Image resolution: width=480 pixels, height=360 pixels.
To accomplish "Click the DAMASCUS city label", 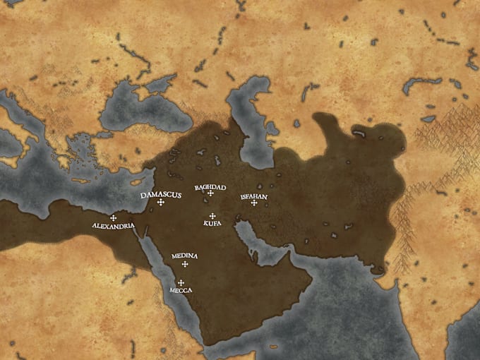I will tap(160, 194).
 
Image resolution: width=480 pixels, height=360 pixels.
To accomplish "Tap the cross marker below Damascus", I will tap(161, 203).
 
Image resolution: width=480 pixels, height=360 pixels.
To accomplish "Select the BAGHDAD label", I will tap(210, 187).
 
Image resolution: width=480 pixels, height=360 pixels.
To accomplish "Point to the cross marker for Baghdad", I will tap(210, 193).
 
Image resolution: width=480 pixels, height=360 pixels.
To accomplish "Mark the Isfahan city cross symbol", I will tap(253, 203).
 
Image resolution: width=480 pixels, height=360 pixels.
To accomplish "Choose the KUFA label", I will tap(212, 223).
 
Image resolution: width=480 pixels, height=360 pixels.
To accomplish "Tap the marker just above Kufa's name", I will tap(212, 216).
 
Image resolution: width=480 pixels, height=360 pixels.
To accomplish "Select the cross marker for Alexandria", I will tap(113, 217).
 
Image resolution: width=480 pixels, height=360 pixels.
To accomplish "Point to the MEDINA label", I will tap(184, 256).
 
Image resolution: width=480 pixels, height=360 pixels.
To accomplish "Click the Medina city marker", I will tap(185, 264).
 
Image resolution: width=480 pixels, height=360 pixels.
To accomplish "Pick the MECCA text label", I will tap(181, 290).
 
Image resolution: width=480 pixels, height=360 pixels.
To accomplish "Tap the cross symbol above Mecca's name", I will tap(181, 282).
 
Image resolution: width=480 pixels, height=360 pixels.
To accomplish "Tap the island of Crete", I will tap(80, 181).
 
